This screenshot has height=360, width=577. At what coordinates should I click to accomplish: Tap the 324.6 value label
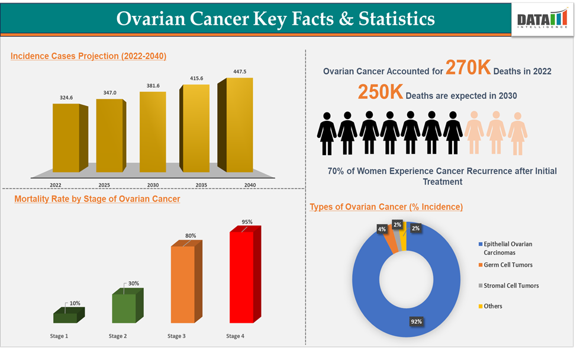pyautogui.click(x=66, y=97)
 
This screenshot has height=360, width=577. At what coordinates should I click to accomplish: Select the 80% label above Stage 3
pyautogui.click(x=191, y=236)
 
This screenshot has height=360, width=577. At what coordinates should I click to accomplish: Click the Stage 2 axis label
pyautogui.click(x=117, y=336)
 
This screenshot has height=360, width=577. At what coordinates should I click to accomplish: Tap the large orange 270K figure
pyautogui.click(x=468, y=68)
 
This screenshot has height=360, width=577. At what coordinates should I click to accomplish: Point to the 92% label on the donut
pyautogui.click(x=417, y=322)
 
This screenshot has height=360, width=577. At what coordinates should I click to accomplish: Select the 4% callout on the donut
pyautogui.click(x=381, y=229)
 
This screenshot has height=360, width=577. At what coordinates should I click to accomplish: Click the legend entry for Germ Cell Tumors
pyautogui.click(x=508, y=265)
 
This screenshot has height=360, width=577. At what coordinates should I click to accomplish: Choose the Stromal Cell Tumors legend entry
pyautogui.click(x=511, y=285)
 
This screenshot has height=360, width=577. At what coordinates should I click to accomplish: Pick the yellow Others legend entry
pyautogui.click(x=492, y=306)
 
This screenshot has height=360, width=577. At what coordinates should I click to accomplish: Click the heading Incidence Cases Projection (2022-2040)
pyautogui.click(x=88, y=56)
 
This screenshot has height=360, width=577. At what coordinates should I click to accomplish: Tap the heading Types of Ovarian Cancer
pyautogui.click(x=386, y=207)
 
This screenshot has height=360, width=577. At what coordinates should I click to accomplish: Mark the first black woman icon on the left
pyautogui.click(x=327, y=133)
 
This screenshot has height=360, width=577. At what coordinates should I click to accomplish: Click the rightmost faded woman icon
pyautogui.click(x=517, y=133)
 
